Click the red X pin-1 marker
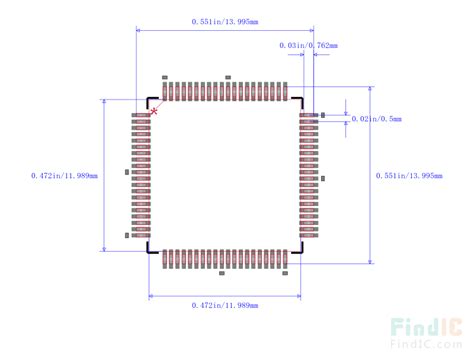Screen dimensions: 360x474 coord(154,111)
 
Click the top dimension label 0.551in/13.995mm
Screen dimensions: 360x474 coord(225,21)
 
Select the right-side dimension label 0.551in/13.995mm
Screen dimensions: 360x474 coord(410,177)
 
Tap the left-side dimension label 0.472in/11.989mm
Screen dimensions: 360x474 coord(66,176)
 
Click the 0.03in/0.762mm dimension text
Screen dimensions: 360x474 coord(308,45)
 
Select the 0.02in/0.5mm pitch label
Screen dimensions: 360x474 coord(377,119)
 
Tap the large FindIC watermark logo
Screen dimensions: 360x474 coord(425,327)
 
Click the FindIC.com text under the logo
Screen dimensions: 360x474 coord(425,347)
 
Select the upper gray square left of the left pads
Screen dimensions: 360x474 coord(127,172)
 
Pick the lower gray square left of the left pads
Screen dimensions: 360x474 coord(127,235)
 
